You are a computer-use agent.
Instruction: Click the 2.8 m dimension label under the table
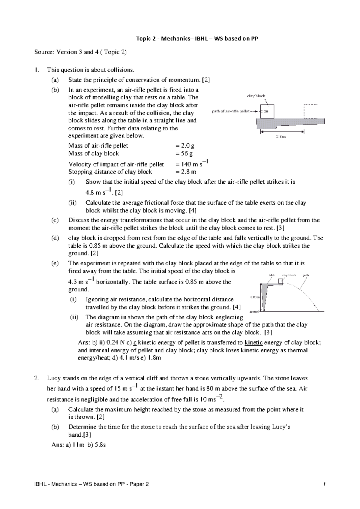(281, 137)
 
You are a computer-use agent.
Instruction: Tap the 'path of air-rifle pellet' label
(231, 111)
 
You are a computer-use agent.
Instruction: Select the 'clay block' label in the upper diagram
(256, 96)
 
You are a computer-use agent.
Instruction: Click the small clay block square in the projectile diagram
(280, 282)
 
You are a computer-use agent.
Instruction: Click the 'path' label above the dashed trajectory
(306, 275)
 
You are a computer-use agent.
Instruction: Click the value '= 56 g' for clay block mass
(184, 154)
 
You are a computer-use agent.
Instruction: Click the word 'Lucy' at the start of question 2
(53, 378)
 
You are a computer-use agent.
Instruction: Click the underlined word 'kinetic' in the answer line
(253, 342)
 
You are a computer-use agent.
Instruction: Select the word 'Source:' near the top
(44, 52)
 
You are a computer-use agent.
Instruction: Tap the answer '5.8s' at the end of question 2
(100, 445)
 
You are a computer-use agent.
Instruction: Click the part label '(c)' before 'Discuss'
(55, 220)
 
